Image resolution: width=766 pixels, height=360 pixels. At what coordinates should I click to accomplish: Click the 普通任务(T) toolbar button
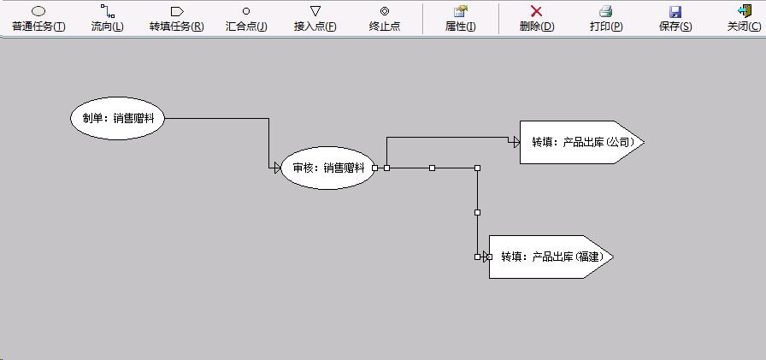click(x=38, y=18)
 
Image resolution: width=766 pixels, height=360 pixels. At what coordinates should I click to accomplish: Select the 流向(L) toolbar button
click(x=107, y=18)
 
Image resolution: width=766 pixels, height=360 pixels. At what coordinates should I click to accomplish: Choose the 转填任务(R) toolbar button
click(x=176, y=18)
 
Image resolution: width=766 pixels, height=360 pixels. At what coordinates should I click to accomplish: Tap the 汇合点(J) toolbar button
click(x=246, y=18)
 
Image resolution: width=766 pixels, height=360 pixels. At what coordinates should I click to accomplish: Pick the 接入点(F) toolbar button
click(x=315, y=18)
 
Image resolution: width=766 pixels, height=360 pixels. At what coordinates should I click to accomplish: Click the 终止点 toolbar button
click(x=385, y=18)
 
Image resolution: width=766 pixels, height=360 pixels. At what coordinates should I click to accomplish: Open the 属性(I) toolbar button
click(x=461, y=18)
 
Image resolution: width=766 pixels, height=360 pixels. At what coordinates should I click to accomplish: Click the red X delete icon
click(x=537, y=11)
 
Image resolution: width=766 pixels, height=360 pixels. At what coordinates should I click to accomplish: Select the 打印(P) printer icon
click(x=606, y=11)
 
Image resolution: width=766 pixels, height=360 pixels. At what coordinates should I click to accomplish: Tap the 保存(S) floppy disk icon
click(x=675, y=11)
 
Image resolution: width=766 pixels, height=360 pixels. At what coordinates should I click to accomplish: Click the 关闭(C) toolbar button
click(x=744, y=18)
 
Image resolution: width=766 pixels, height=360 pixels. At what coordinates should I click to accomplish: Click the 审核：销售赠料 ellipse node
click(x=327, y=168)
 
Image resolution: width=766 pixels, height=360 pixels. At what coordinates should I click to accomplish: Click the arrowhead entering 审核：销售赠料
click(x=277, y=168)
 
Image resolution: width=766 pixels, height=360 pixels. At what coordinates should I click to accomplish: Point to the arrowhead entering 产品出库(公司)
click(x=516, y=142)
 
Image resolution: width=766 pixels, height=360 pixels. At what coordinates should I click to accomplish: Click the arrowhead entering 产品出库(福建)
click(x=486, y=257)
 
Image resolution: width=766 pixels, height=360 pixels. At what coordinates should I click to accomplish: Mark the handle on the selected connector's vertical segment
click(x=477, y=212)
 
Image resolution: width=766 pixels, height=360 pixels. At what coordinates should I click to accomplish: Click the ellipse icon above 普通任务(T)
click(x=38, y=11)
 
